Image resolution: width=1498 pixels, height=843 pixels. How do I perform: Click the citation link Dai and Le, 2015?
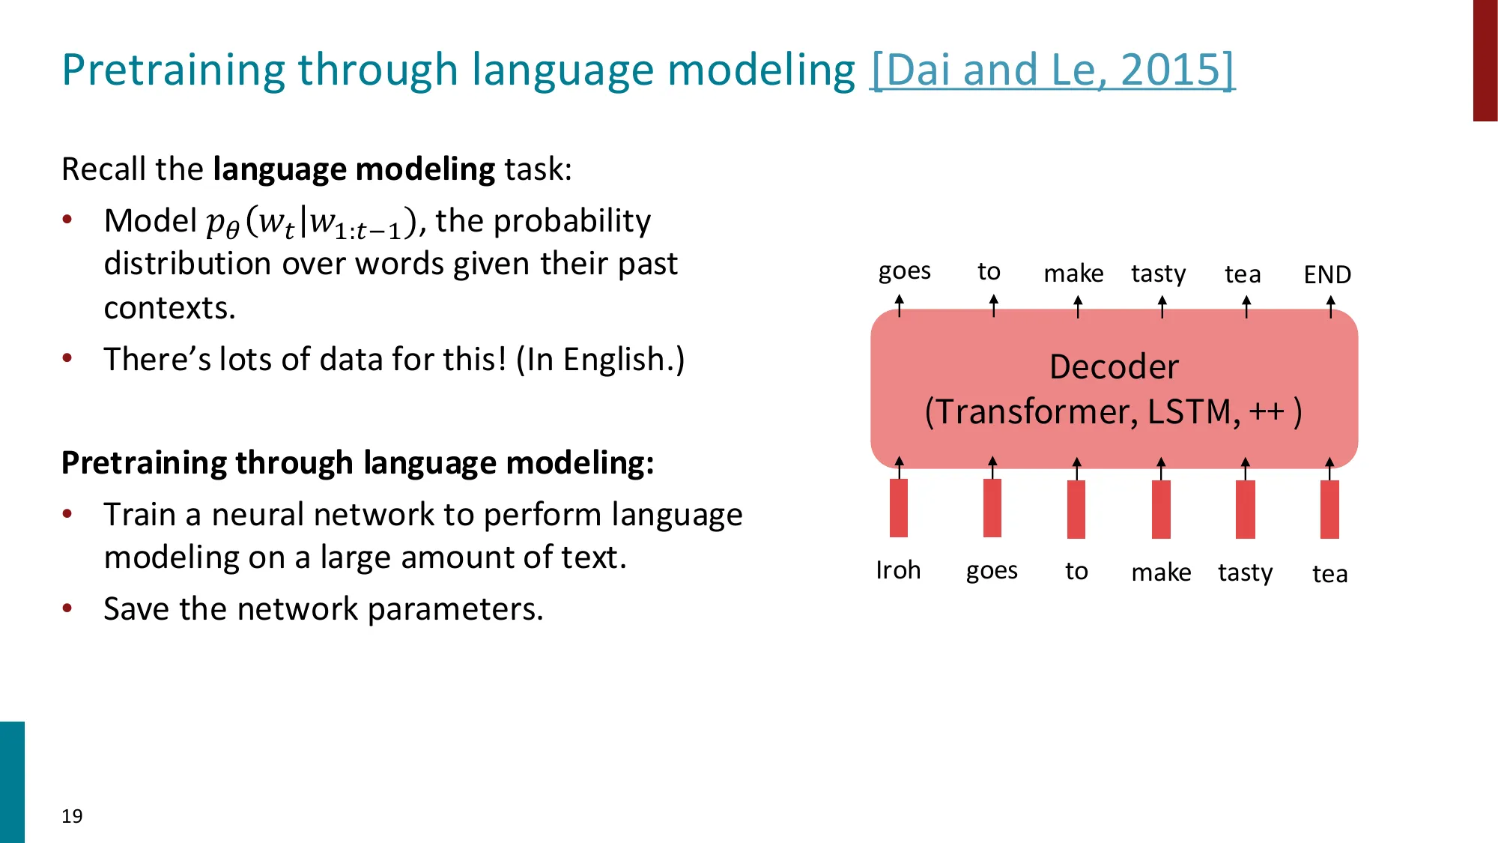[x=1052, y=70]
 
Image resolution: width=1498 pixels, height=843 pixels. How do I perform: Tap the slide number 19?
[x=72, y=816]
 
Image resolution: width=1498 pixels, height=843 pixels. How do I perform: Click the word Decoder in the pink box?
[x=1114, y=367]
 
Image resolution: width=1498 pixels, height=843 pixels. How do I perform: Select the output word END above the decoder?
[x=1327, y=274]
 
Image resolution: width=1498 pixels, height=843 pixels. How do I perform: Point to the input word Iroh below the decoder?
[x=898, y=570]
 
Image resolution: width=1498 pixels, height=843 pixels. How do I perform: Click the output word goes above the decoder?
[x=904, y=271]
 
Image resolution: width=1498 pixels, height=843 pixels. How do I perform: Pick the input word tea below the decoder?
[x=1329, y=574]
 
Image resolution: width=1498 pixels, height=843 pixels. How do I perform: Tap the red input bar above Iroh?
[x=899, y=508]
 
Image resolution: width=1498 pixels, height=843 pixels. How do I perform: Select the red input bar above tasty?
[x=1245, y=510]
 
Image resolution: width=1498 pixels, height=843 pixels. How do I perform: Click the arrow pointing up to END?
[x=1330, y=306]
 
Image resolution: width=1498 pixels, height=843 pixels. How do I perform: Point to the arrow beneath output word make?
[x=1078, y=306]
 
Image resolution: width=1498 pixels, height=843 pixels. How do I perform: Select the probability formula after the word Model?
[x=312, y=223]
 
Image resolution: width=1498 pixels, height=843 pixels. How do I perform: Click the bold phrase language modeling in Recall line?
[x=354, y=169]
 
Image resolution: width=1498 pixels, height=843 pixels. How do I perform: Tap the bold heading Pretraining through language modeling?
[x=357, y=463]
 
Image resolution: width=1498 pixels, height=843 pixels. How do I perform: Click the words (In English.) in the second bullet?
[x=600, y=360]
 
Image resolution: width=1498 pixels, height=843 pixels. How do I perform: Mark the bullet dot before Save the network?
[x=67, y=608]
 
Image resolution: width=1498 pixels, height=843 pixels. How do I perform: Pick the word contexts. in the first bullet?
[x=169, y=308]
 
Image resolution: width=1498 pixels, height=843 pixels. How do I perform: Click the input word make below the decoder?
[x=1161, y=572]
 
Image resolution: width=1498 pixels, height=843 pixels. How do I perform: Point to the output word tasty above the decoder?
[x=1158, y=274]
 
